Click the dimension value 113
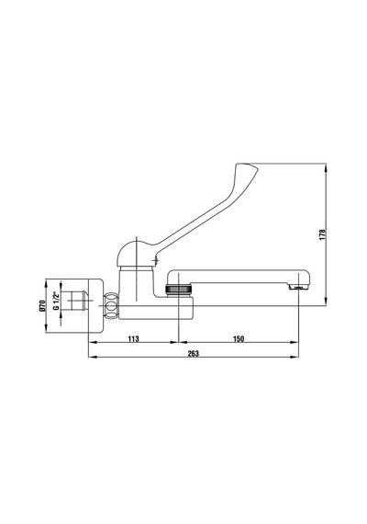[x=133, y=338]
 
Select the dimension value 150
[x=239, y=338]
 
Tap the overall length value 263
[x=194, y=353]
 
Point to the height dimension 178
[x=322, y=235]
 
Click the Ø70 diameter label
[x=41, y=306]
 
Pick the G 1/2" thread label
[x=56, y=301]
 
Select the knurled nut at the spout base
[x=179, y=289]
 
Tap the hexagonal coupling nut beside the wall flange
[x=111, y=305]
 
